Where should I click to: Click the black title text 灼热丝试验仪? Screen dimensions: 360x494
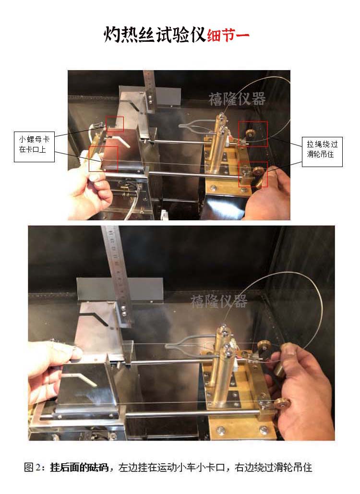155,35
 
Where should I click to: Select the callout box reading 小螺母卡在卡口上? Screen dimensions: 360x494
35,147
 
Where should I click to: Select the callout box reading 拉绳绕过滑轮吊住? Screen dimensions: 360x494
322,152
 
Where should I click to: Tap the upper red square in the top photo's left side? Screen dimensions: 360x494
115,124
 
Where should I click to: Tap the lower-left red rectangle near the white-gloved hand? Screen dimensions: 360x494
103,158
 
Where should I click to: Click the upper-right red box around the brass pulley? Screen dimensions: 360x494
253,134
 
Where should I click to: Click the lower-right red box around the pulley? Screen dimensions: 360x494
253,174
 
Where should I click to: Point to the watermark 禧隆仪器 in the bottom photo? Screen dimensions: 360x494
219,301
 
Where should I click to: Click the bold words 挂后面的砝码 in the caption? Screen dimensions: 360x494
79,467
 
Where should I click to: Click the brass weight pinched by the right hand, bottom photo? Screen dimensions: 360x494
279,367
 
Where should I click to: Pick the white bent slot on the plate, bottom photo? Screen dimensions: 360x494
82,379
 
